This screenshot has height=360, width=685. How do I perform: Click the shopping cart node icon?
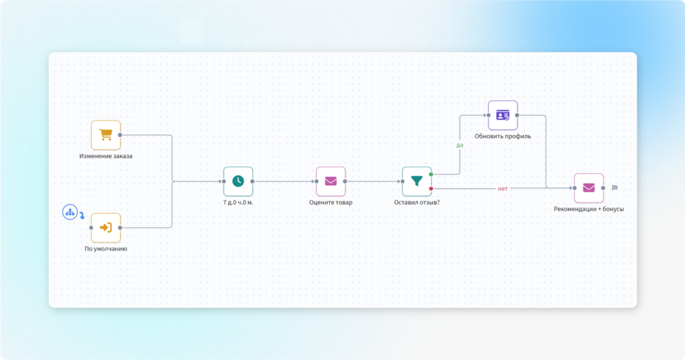click(105, 135)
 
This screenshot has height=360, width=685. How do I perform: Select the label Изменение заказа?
click(106, 156)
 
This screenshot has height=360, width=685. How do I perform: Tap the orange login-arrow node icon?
click(105, 228)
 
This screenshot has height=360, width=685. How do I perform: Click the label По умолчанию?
click(106, 249)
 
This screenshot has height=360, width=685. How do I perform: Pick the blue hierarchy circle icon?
click(70, 213)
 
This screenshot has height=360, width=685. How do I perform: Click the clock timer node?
click(238, 181)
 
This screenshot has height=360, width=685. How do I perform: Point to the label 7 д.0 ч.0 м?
click(238, 203)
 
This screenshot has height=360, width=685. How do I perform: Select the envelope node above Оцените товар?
click(331, 181)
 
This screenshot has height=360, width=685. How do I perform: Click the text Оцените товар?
click(331, 203)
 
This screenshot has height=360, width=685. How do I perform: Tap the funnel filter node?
click(416, 181)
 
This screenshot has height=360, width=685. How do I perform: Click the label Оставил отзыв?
click(416, 203)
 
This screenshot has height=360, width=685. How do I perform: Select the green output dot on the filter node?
click(431, 174)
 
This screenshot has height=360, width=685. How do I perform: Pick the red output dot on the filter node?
click(431, 188)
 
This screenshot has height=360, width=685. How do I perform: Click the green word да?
click(460, 145)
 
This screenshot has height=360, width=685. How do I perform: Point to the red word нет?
click(503, 189)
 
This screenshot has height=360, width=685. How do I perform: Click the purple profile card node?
click(503, 115)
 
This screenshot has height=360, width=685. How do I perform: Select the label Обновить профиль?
click(503, 136)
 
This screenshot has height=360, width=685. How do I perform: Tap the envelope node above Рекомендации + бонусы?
click(589, 188)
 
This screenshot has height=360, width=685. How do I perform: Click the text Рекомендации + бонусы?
click(589, 209)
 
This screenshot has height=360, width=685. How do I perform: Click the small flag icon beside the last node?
click(615, 188)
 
